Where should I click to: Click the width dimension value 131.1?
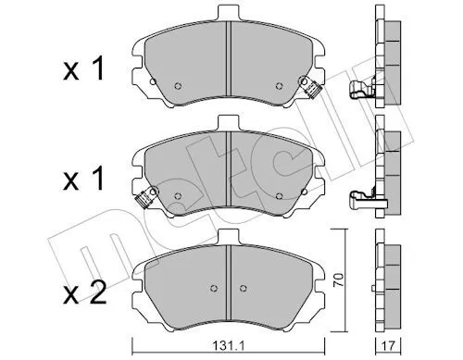[x=229, y=345]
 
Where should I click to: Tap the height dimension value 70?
[x=339, y=280]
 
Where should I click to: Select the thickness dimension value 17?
[x=388, y=346]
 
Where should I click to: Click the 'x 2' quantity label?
[x=84, y=292]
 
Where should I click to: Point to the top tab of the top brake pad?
[x=229, y=13]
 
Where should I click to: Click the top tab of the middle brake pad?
[x=229, y=123]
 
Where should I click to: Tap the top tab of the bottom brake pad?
[x=229, y=237]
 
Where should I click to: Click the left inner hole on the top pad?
[x=178, y=86]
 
